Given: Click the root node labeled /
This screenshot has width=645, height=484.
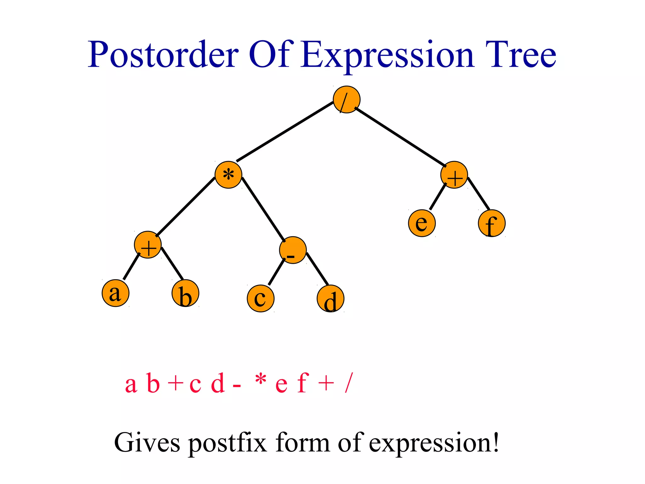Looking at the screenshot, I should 346,100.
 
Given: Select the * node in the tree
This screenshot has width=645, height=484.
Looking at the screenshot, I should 228,175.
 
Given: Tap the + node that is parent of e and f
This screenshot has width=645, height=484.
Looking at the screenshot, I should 454,175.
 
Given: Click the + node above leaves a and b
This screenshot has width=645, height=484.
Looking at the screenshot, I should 148,245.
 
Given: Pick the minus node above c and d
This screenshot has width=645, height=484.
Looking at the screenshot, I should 293,250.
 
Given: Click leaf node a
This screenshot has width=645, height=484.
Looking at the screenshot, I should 116,293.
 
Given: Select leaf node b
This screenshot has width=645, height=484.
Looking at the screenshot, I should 186,293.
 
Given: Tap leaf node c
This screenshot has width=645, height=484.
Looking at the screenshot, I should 261,298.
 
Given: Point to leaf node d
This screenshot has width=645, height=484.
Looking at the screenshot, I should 330,298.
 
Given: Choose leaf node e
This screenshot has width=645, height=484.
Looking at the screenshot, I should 422,223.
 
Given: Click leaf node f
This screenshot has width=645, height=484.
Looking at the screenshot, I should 492,223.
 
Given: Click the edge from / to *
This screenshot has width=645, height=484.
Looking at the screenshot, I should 285,131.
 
